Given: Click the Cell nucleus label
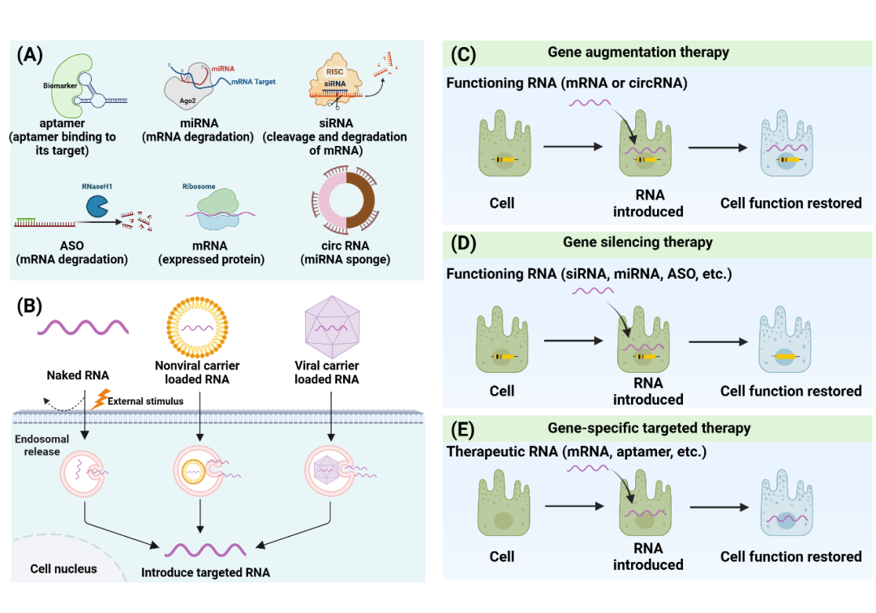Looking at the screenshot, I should [x=63, y=568].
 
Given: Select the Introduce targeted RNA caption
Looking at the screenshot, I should [x=205, y=572].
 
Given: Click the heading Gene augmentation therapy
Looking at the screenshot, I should [x=638, y=53].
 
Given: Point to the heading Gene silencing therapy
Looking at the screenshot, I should [x=638, y=242].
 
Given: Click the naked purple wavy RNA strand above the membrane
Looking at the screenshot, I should [x=82, y=328].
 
